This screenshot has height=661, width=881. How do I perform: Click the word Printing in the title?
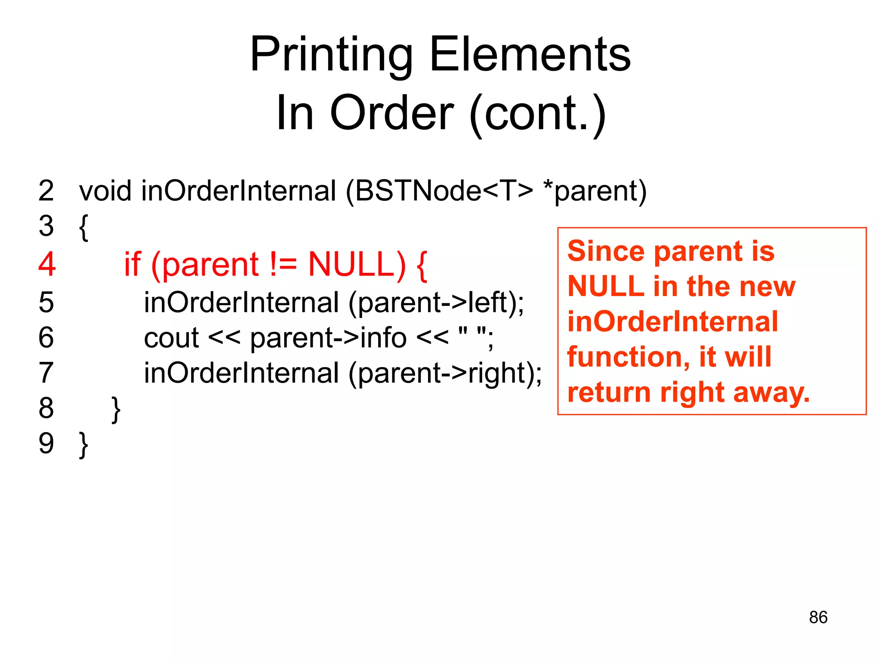click(331, 55)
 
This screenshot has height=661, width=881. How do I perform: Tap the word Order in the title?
click(391, 113)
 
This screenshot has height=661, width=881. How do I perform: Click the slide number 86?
click(818, 617)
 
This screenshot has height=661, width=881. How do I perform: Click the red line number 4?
click(47, 264)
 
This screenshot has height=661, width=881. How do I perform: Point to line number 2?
click(46, 191)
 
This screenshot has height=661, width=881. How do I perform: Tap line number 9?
click(46, 443)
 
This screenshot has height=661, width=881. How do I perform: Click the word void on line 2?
click(105, 191)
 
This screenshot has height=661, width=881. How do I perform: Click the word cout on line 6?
click(171, 338)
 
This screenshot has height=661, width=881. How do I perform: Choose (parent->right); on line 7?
click(445, 373)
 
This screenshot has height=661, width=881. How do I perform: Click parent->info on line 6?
click(328, 338)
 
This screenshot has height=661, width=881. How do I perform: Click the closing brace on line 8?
click(116, 409)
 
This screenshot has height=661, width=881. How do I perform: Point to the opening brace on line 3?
click(84, 227)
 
